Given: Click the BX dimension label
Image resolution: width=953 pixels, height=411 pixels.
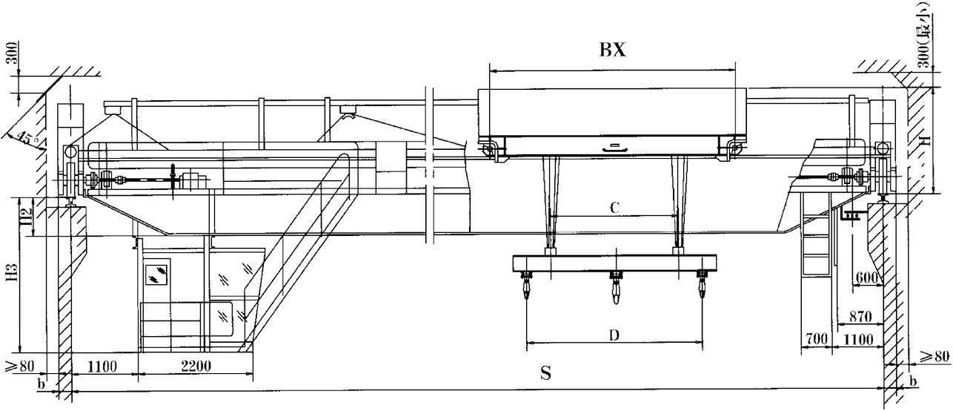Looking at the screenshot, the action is click(x=613, y=50).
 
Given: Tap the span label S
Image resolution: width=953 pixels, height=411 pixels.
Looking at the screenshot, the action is click(x=546, y=373).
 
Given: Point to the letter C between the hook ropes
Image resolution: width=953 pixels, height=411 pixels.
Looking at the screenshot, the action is click(x=614, y=208).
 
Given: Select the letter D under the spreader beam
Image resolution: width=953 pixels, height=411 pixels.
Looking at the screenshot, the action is click(x=614, y=335).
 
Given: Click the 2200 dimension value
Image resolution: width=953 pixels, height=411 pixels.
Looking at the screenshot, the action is click(x=196, y=366).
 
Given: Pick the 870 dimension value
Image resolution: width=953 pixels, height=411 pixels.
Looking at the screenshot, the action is click(x=860, y=317).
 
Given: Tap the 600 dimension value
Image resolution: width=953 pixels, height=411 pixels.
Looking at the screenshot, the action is click(x=866, y=278).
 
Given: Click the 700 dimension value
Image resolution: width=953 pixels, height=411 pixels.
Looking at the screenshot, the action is click(x=817, y=339).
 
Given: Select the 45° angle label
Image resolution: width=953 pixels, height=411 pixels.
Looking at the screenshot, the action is click(x=27, y=139).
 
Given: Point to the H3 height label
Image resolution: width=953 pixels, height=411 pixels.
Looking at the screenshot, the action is click(x=13, y=273).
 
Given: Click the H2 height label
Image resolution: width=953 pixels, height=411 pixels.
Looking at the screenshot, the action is click(x=27, y=217).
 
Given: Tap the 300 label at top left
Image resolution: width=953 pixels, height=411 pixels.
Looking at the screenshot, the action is click(x=13, y=53).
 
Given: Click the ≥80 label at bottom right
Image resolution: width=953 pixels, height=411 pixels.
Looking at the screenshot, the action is click(x=934, y=356).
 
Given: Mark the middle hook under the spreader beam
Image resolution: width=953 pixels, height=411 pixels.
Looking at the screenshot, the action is click(x=616, y=288).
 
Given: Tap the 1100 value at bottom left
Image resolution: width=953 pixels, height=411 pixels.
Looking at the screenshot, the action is click(x=102, y=366).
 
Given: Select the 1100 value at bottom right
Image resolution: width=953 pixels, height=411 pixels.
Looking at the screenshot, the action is click(x=858, y=340).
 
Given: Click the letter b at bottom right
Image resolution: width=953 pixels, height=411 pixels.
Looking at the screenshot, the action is click(x=913, y=381).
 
